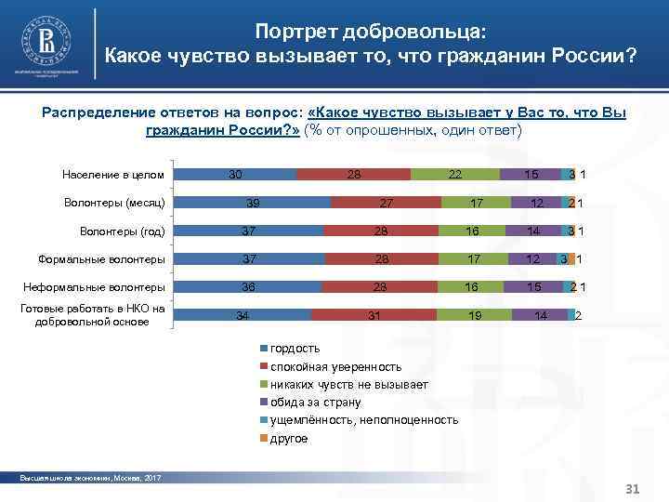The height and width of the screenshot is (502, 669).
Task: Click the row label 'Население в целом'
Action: [113, 175]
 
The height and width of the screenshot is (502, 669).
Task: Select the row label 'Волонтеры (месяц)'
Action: [115, 203]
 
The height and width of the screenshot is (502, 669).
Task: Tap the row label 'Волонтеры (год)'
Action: [121, 231]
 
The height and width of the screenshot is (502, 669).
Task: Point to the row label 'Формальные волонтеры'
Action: [103, 259]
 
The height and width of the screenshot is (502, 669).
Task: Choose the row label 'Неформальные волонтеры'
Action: [96, 287]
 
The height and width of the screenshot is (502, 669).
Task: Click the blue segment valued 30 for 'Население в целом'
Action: [235, 175]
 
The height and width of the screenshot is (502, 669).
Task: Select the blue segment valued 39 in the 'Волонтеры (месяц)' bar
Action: [252, 203]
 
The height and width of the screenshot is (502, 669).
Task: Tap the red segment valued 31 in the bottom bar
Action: [374, 315]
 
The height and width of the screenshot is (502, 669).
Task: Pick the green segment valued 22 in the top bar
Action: [454, 175]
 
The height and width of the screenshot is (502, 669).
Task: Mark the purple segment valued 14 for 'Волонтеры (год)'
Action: [532, 231]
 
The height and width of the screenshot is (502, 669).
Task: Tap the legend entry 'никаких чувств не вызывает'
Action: [348, 385]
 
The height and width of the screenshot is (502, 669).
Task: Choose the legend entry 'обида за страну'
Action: [315, 403]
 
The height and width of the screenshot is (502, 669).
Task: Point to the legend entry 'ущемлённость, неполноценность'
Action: [363, 420]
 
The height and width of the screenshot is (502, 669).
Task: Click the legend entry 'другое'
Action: [288, 438]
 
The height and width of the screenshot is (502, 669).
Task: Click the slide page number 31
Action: [634, 489]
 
